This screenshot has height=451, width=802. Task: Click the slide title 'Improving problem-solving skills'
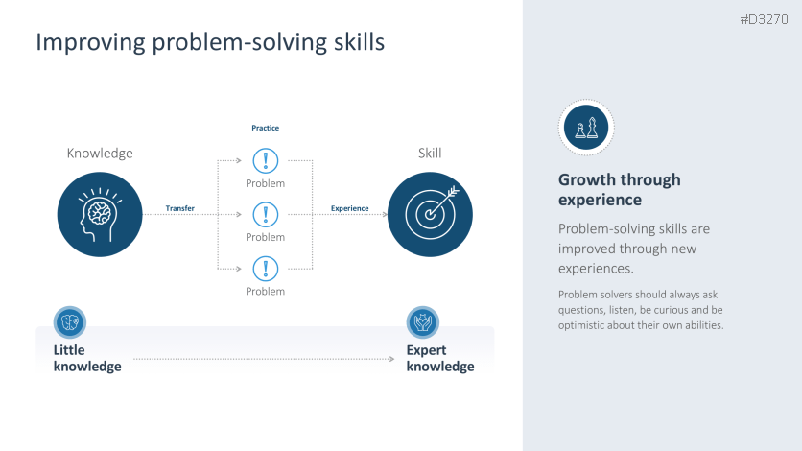[x=210, y=42]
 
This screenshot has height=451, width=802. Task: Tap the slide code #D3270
[x=764, y=19]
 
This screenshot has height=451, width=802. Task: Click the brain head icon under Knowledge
[x=100, y=214]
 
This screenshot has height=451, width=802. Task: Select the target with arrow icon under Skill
[x=430, y=214]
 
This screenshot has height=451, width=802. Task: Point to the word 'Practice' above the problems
[x=265, y=128]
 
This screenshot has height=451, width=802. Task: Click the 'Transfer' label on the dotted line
[x=179, y=208]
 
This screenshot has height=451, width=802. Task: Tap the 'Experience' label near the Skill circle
[x=349, y=208]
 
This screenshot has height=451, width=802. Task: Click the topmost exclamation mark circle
[x=266, y=160]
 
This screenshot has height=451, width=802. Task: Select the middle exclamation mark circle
[x=266, y=214]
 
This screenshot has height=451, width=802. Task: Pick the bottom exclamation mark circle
[x=266, y=269]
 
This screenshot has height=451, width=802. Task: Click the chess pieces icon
[x=586, y=128]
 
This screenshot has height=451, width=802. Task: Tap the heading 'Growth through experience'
[x=620, y=190]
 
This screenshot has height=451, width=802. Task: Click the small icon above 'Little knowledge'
[x=70, y=322]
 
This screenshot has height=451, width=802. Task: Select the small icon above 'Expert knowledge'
[x=422, y=322]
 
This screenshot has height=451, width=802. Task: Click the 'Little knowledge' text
[x=87, y=358]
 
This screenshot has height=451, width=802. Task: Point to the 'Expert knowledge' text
[x=440, y=358]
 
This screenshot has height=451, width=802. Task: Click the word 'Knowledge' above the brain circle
[x=100, y=154]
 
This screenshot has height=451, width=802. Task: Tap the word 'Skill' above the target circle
[x=430, y=153]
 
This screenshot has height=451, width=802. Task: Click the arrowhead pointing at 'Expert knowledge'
[x=391, y=359]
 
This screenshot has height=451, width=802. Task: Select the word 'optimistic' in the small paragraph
[x=581, y=325]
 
